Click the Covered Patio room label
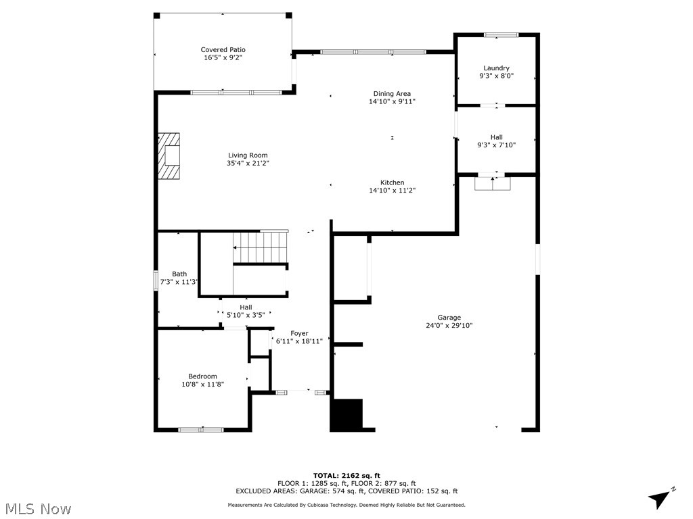pos(223,49)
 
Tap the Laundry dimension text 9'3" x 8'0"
pos(496,76)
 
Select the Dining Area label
pos(392,93)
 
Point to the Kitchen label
pos(392,182)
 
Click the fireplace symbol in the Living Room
pos(171,156)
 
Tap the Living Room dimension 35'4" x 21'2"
pos(248,164)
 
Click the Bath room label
pos(179,274)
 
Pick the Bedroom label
pos(202,376)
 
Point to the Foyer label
pos(299,333)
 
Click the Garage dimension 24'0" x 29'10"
pos(449,326)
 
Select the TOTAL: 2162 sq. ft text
pos(346,475)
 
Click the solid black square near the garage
pos(346,414)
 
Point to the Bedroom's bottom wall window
pos(201,429)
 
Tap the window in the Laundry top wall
pos(501,34)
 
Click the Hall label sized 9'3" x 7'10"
pos(496,137)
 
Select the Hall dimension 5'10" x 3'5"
pos(246,315)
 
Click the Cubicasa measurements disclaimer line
pos(346,505)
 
